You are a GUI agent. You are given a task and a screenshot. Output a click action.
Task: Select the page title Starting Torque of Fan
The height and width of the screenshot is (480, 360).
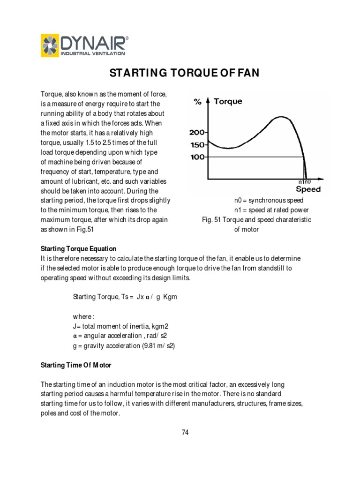pyautogui.click(x=184, y=73)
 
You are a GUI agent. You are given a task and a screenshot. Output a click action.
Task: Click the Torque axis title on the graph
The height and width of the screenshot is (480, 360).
pyautogui.click(x=228, y=101)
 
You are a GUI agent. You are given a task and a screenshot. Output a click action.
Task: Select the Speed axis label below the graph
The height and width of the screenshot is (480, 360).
pyautogui.click(x=308, y=189)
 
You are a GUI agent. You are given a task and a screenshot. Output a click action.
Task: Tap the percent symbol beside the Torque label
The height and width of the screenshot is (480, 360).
pyautogui.click(x=198, y=102)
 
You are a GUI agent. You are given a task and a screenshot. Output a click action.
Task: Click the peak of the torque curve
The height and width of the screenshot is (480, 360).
pyautogui.click(x=280, y=117)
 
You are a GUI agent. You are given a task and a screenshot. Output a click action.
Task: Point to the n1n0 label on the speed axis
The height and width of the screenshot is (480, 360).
pyautogui.click(x=305, y=181)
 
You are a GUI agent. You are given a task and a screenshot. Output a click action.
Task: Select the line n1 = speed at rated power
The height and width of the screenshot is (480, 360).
pyautogui.click(x=271, y=210)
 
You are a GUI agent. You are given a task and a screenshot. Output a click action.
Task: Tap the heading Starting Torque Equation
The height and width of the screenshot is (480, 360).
pyautogui.click(x=79, y=249)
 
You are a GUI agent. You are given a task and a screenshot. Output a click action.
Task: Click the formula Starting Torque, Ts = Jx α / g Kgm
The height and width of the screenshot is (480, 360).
pyautogui.click(x=125, y=297)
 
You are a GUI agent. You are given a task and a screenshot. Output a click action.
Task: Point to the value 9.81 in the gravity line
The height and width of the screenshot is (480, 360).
pyautogui.click(x=148, y=346)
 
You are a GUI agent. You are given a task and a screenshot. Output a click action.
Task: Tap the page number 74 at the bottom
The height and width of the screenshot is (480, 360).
pyautogui.click(x=185, y=433)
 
